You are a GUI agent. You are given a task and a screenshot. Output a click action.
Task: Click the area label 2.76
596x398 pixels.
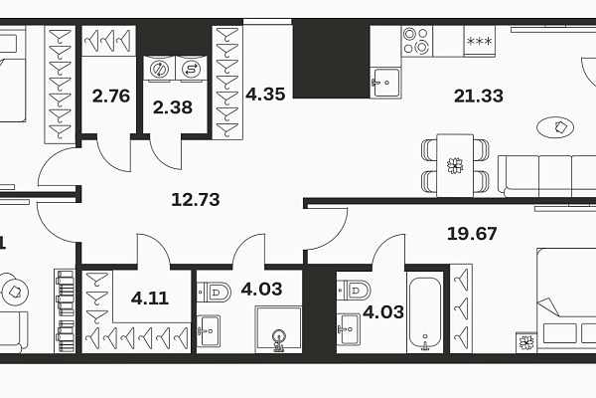(x=111, y=96)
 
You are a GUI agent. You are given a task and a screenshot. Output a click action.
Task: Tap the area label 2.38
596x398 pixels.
(x=173, y=107)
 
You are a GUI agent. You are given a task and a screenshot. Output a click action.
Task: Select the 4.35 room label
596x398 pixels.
(x=265, y=94)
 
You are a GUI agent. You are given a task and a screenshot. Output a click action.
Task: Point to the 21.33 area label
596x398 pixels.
(x=479, y=96)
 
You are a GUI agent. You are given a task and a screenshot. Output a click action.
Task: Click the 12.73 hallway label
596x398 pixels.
(x=196, y=200)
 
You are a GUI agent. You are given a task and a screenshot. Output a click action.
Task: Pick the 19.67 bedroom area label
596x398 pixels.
(x=472, y=234)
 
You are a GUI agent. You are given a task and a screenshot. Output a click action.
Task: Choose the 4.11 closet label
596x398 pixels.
(x=150, y=298)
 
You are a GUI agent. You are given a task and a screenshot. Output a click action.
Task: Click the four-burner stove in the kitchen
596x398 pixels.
(x=417, y=41)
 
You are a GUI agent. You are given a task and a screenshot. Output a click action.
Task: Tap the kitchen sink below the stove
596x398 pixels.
(x=385, y=82)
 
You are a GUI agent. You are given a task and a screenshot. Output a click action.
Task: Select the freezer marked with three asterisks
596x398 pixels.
(x=480, y=42)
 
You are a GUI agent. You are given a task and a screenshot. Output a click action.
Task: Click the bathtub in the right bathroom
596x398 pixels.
(x=425, y=312)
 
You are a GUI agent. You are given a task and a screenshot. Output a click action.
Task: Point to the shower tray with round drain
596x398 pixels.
(x=279, y=329)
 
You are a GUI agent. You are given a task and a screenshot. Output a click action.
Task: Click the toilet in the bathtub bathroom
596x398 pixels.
(x=354, y=291)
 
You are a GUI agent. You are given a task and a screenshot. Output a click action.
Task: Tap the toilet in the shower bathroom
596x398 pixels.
(x=214, y=293)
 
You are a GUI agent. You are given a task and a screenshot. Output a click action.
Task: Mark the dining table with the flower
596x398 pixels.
(x=455, y=165)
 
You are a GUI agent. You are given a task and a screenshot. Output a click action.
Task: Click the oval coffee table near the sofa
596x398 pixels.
(x=555, y=127)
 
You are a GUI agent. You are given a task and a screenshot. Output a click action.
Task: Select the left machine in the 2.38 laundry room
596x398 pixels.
(x=159, y=69)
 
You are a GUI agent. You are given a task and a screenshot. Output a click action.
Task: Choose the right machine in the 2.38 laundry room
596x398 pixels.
(x=191, y=69)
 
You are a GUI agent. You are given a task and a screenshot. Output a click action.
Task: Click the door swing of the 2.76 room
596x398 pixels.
(x=114, y=156)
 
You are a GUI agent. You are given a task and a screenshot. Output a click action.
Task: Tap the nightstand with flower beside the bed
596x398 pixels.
(x=526, y=342)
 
